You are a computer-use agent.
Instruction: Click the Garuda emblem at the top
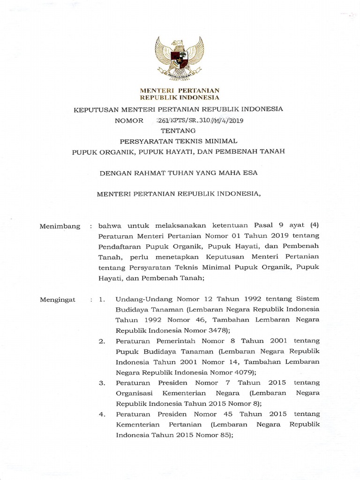tap(180, 58)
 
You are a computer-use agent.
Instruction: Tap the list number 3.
tap(102, 383)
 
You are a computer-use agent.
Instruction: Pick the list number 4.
tap(102, 414)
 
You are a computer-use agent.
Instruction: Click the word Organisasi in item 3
tap(134, 393)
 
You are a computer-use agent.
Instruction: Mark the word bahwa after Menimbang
tap(109, 226)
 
